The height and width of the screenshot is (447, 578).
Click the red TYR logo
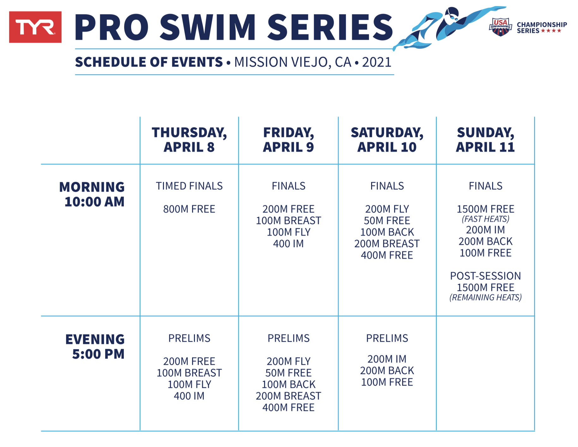pos(35,27)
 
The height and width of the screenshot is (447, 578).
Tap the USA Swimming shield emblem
pos(501,27)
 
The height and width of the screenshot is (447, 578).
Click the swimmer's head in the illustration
pos(451,15)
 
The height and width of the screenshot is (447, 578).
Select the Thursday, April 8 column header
pos(189,140)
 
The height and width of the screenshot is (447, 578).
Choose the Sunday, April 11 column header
pos(485,140)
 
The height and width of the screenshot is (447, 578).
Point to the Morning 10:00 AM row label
pos(92,194)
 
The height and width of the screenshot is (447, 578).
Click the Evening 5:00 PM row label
pos(95,347)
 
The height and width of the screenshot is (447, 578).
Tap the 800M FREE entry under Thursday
pos(189,209)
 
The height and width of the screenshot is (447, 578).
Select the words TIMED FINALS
pos(189,186)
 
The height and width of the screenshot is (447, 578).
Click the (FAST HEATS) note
pos(485,219)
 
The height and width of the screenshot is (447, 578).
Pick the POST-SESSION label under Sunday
pos(485,276)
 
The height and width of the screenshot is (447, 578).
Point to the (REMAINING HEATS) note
pos(485,297)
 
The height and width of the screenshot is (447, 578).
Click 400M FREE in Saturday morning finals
pos(387,255)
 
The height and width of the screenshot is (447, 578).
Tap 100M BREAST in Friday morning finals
pos(288,220)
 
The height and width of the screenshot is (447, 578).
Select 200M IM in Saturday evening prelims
pos(387,359)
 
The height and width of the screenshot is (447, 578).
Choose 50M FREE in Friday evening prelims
pos(288,373)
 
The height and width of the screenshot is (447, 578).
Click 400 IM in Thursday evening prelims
pos(189,396)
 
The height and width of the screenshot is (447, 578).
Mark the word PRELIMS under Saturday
pos(387,338)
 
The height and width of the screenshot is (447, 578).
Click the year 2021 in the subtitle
pos(377,62)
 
